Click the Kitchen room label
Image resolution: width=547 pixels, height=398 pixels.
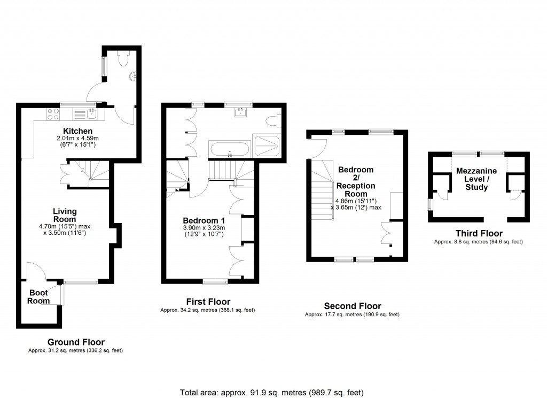[x=78, y=131]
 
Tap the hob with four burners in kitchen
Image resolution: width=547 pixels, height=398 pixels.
[x=53, y=113]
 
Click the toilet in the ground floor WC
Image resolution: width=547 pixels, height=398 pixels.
[x=123, y=59]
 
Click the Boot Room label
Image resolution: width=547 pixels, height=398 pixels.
[x=39, y=297]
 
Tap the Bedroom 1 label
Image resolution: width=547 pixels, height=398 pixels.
[x=204, y=220]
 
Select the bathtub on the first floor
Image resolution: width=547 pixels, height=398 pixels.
[x=229, y=149]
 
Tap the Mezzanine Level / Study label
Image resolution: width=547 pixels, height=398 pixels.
[x=476, y=179]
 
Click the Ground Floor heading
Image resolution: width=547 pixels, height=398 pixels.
[x=76, y=342]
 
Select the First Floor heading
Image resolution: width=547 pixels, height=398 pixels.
[x=208, y=302]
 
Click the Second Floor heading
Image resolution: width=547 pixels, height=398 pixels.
[x=353, y=306]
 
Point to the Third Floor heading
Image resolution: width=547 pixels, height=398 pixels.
[x=479, y=233]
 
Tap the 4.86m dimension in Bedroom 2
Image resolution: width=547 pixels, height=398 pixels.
[x=345, y=201]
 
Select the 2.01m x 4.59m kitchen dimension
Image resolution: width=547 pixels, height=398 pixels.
[x=78, y=138]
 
